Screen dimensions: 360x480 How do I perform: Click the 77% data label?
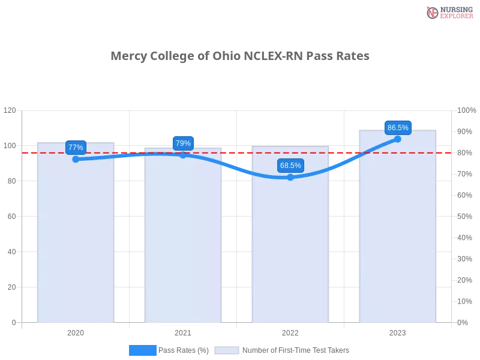click(x=76, y=147)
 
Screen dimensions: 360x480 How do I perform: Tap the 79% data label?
click(x=183, y=143)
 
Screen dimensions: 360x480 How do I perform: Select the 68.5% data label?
click(x=290, y=166)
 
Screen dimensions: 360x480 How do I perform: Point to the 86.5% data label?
click(x=398, y=127)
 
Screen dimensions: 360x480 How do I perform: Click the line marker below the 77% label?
click(x=76, y=159)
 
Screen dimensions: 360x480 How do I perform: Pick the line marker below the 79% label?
click(x=183, y=155)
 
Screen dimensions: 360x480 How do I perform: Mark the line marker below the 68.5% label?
click(x=290, y=177)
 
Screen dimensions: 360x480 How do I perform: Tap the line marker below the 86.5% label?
click(x=398, y=139)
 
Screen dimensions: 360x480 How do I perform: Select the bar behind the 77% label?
click(x=74, y=240)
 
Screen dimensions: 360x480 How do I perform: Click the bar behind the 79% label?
click(x=185, y=240)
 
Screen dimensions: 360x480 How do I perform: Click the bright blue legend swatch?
click(x=142, y=350)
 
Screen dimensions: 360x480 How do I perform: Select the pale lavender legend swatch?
click(x=227, y=350)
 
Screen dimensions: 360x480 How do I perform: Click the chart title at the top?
click(x=240, y=56)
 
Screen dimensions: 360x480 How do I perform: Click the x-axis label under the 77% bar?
click(x=76, y=331)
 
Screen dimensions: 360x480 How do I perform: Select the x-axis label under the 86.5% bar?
click(x=398, y=331)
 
